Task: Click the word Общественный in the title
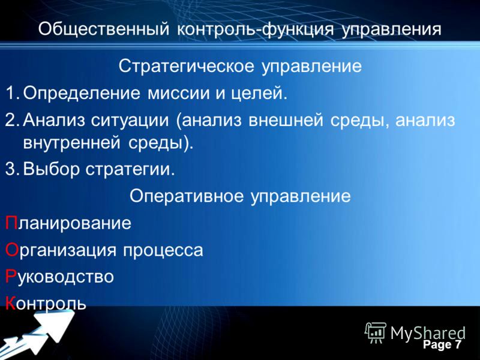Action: pyautogui.click(x=104, y=29)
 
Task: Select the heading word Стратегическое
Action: pyautogui.click(x=187, y=66)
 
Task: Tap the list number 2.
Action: pyautogui.click(x=13, y=119)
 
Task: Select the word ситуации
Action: pyautogui.click(x=130, y=121)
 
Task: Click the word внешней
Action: pyautogui.click(x=286, y=120)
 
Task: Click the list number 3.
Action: pyautogui.click(x=13, y=169)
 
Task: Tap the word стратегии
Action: pyautogui.click(x=130, y=170)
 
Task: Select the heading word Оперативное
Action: pyautogui.click(x=187, y=196)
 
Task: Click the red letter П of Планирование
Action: pyautogui.click(x=11, y=223)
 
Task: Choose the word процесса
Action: pyautogui.click(x=163, y=251)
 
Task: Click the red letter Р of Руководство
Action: pyautogui.click(x=10, y=276)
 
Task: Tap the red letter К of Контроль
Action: pyautogui.click(x=10, y=303)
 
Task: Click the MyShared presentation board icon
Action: pyautogui.click(x=376, y=333)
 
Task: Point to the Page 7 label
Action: pyautogui.click(x=442, y=344)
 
